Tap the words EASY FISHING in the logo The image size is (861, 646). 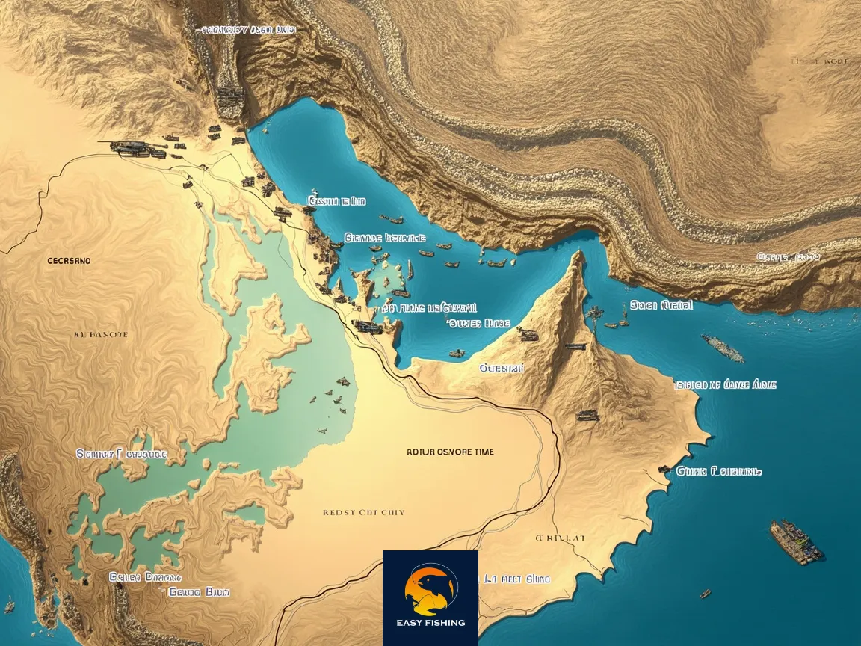[430, 622]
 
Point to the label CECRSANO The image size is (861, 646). [69, 261]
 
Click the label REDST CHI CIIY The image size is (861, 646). [363, 513]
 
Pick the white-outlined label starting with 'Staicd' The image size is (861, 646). [725, 384]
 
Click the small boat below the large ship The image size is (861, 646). [705, 594]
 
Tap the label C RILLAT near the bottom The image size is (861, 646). [561, 538]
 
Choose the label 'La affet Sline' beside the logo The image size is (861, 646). [516, 579]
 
